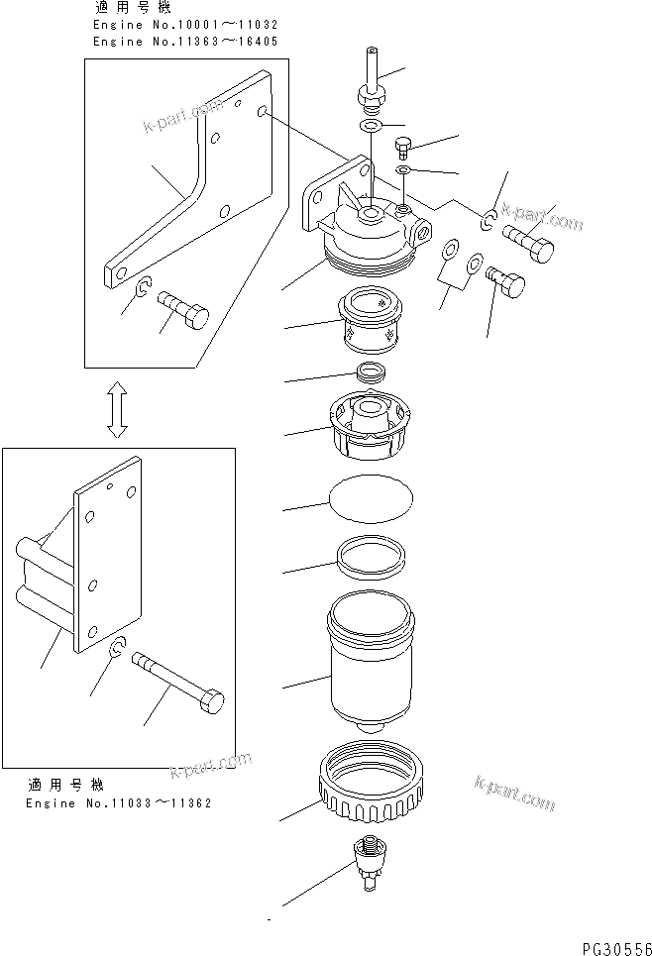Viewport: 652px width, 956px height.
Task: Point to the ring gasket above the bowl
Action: tap(370, 558)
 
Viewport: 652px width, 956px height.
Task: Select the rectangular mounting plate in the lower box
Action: tap(109, 565)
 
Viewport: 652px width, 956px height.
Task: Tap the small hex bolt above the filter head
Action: tap(403, 148)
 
